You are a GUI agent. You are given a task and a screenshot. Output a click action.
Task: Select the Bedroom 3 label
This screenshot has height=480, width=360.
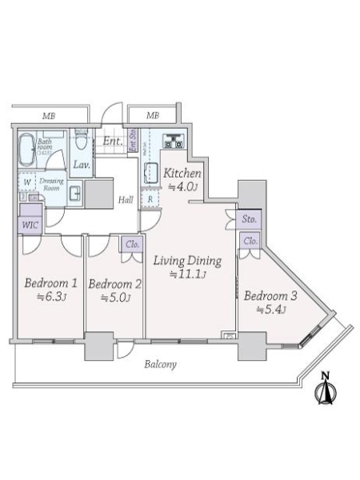(x=270, y=296)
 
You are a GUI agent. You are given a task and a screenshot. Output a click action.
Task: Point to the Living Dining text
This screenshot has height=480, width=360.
(x=178, y=261)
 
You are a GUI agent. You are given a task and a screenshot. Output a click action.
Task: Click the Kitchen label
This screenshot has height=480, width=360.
(x=181, y=174)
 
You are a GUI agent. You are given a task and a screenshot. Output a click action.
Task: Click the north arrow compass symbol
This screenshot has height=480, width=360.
(x=325, y=390)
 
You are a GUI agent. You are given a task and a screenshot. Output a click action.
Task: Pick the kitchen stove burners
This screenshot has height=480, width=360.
(x=174, y=142)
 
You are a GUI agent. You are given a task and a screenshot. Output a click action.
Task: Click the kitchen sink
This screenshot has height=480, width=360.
(x=151, y=172)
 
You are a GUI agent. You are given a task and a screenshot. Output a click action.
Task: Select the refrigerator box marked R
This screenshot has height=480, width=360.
(x=150, y=198)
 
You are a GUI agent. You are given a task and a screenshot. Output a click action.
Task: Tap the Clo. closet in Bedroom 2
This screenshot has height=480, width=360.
(x=131, y=246)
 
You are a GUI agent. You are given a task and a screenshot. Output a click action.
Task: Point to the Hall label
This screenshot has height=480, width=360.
(x=126, y=201)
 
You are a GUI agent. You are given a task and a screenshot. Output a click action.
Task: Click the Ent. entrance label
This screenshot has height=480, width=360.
(x=111, y=142)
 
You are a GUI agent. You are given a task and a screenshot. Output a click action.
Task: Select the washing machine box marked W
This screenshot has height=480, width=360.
(x=26, y=182)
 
